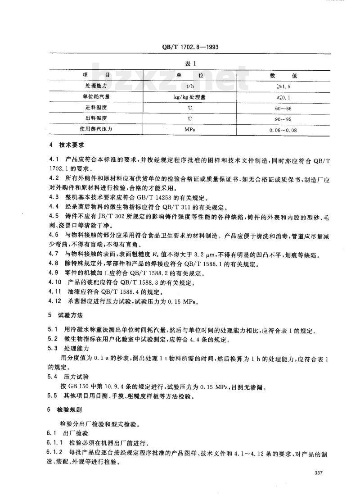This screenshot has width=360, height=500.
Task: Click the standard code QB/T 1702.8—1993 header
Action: click(191, 47)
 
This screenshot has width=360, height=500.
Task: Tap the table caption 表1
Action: click(191, 63)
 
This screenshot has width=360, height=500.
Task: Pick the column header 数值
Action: click(284, 75)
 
